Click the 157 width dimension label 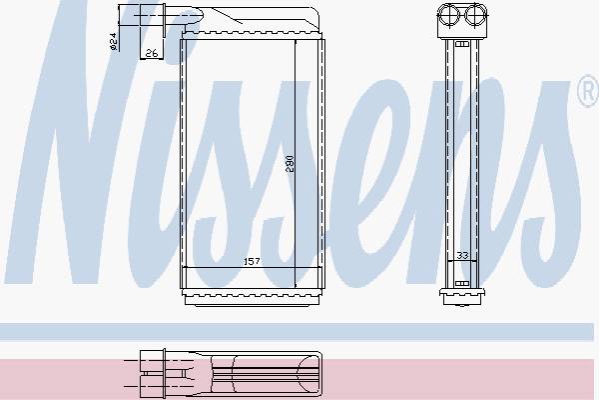(252, 261)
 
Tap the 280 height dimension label (291, 163)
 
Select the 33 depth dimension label (462, 255)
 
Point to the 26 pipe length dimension (152, 53)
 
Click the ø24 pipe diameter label (113, 42)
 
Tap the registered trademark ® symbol (588, 90)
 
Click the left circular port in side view (448, 15)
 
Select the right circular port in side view (475, 15)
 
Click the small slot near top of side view (462, 44)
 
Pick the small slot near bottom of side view (462, 284)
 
